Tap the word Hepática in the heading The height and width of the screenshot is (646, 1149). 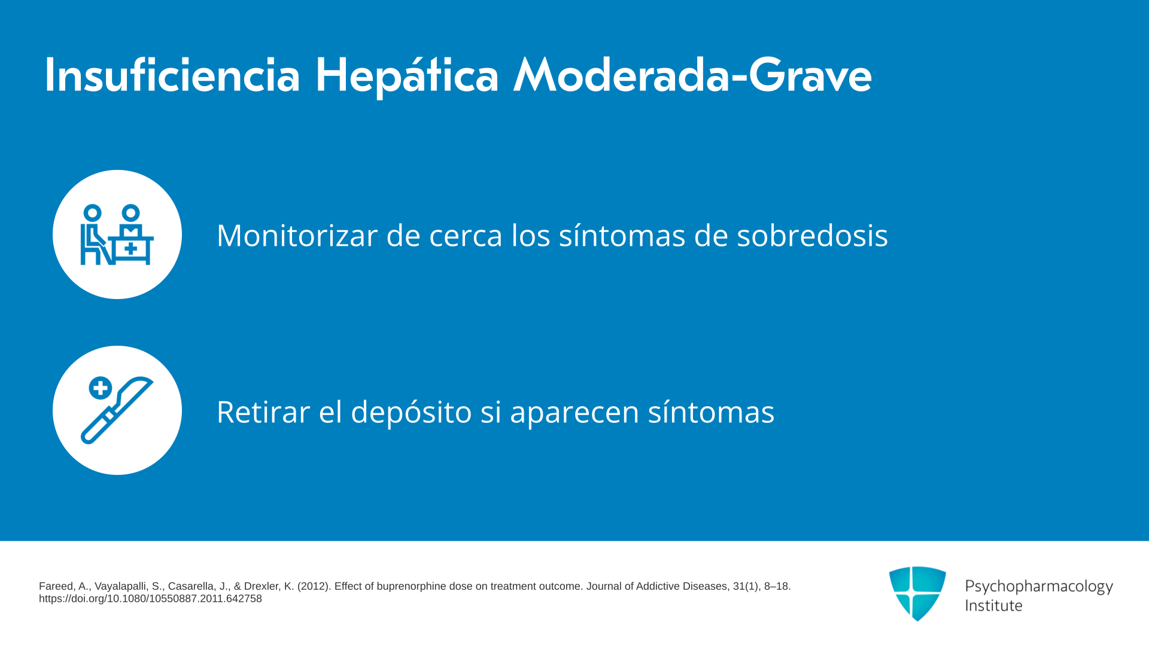[407, 77]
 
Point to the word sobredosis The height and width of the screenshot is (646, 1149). [812, 235]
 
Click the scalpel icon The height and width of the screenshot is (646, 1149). [117, 410]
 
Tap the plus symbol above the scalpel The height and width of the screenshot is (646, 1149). [101, 388]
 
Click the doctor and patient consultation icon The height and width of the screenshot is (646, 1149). [117, 234]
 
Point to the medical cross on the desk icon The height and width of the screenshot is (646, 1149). [131, 248]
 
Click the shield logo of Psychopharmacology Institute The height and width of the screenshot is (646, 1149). [917, 593]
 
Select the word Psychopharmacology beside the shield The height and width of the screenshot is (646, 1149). [1039, 587]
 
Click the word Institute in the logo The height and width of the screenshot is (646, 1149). [993, 605]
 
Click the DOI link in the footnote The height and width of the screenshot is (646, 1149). [150, 599]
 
